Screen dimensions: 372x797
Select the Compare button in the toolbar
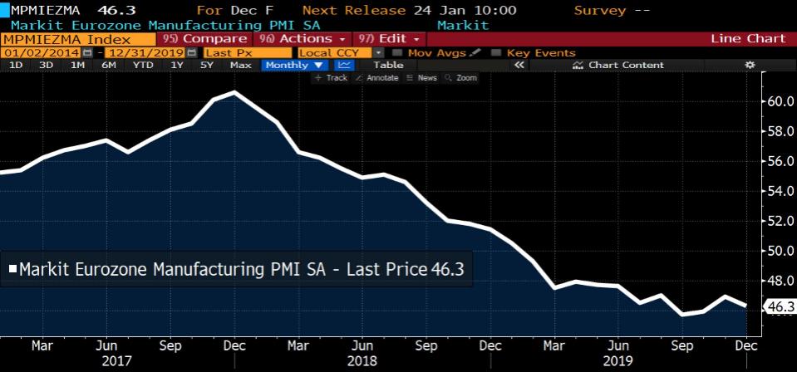point(206,39)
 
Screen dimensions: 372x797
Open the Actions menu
point(303,39)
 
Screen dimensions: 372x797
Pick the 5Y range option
point(207,65)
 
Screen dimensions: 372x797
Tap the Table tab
point(388,65)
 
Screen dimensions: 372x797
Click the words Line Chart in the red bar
point(748,39)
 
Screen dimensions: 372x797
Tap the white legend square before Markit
point(12,269)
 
